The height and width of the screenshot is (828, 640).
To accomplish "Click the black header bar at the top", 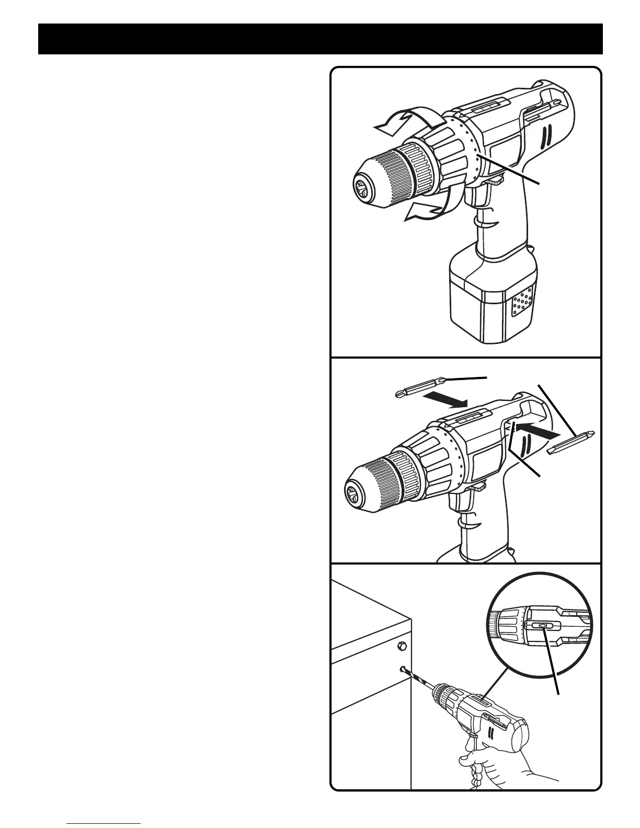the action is pyautogui.click(x=320, y=39).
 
